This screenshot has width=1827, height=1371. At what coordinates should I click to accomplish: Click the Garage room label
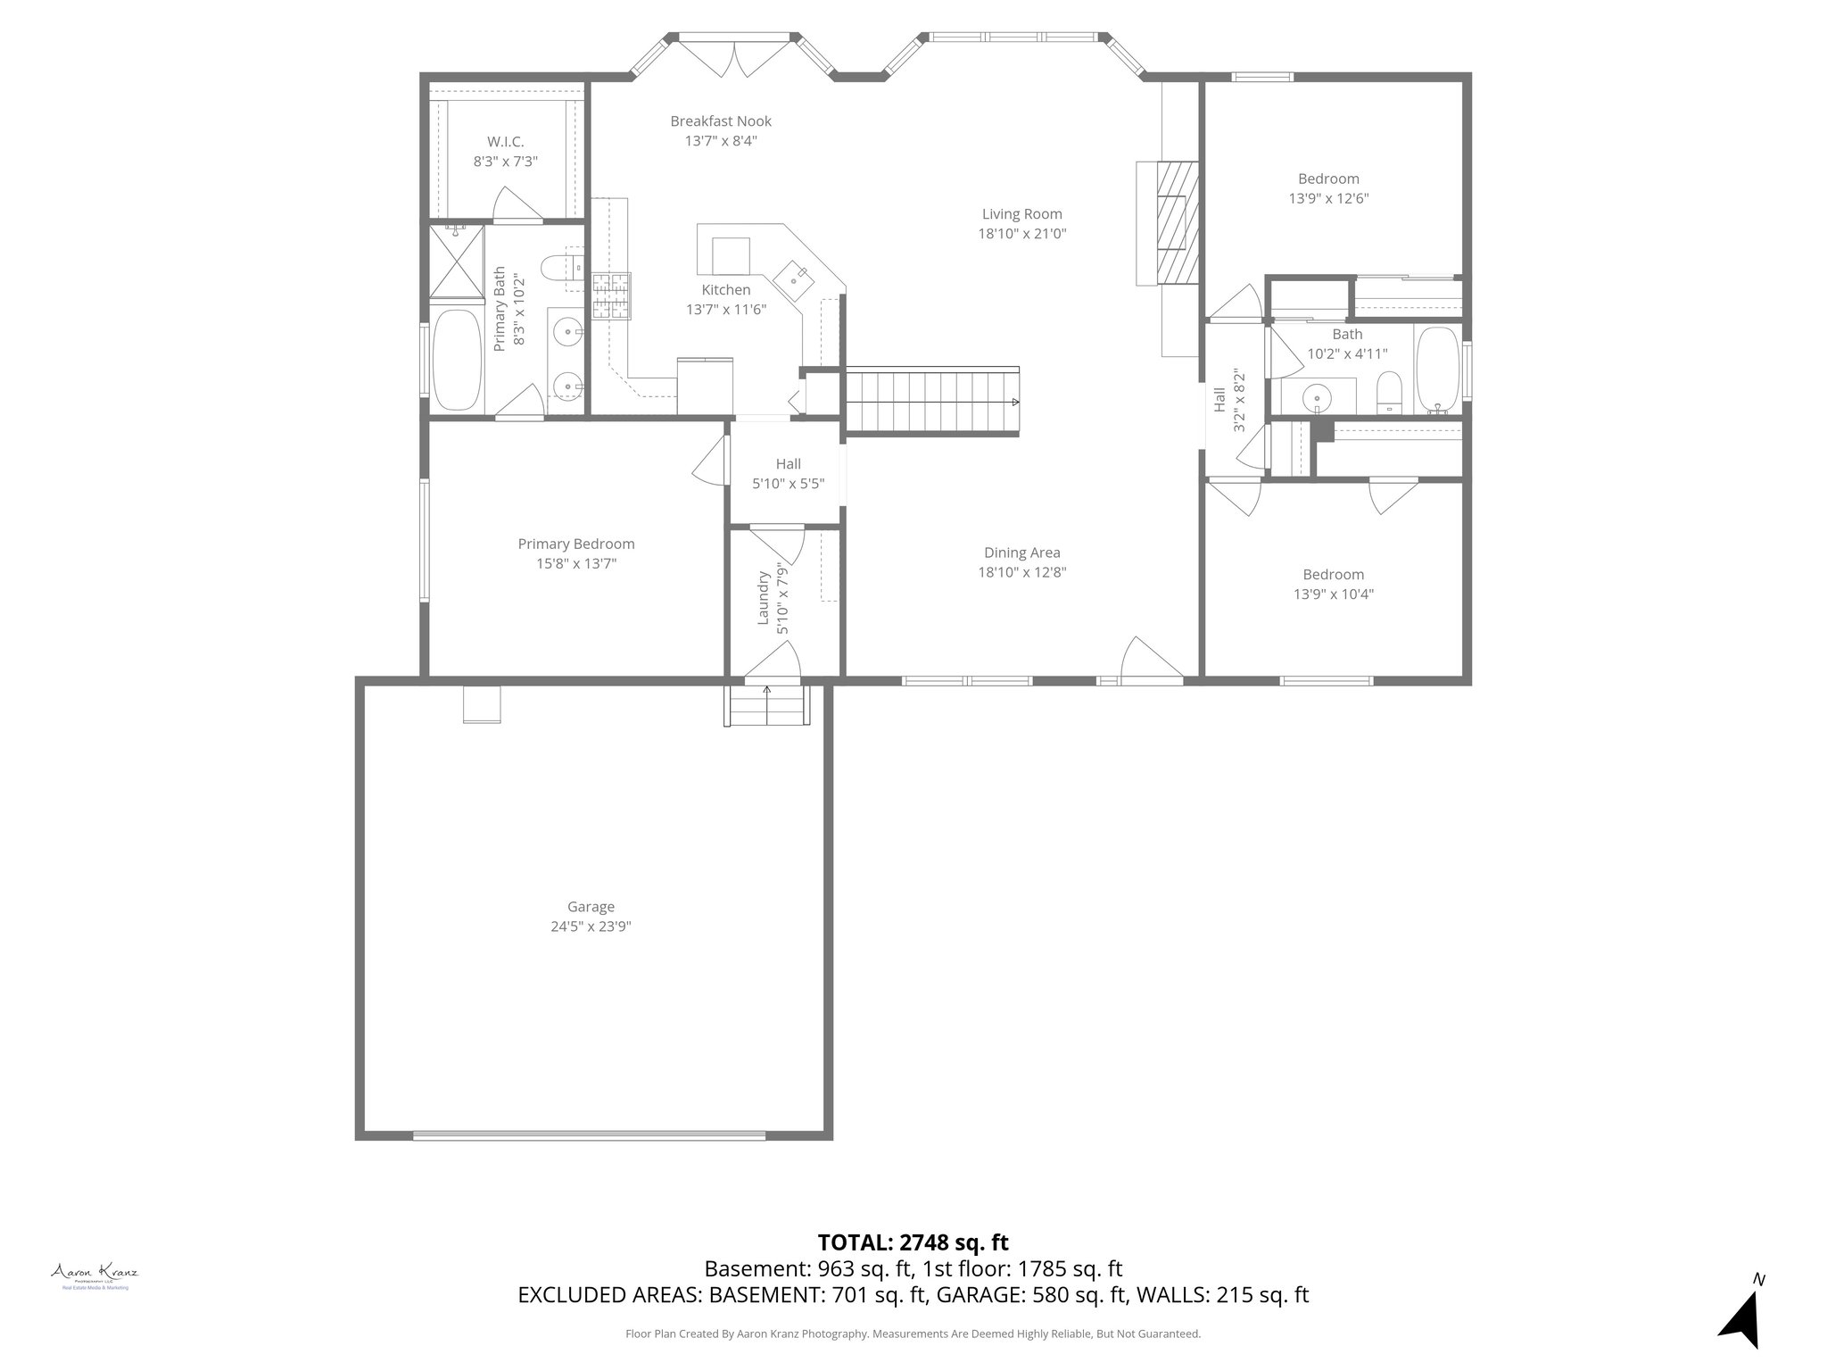coord(591,907)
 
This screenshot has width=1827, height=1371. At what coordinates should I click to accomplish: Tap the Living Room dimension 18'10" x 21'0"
coord(1021,234)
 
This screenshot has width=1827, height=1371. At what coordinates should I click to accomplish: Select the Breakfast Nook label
coord(721,121)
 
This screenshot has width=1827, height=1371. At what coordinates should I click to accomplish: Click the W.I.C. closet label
coord(505,142)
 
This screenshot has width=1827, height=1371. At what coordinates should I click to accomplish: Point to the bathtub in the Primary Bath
coord(457,360)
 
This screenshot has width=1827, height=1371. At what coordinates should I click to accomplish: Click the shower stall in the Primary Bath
coord(457,261)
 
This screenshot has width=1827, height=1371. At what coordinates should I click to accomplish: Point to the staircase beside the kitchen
coord(931,402)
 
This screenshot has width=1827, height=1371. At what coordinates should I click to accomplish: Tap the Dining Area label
coord(1021,553)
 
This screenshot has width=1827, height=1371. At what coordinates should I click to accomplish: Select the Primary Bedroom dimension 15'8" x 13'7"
coord(576,564)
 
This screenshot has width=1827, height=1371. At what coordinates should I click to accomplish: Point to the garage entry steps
coord(768,705)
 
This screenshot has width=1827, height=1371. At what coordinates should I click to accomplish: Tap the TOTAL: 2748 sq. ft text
coord(913,1242)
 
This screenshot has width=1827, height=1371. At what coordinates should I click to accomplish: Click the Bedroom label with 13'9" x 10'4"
coord(1333,575)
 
